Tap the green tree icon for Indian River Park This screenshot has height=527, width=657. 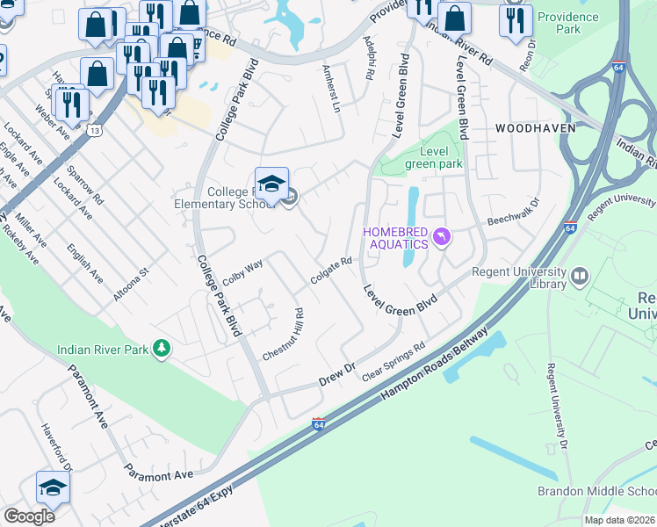click(x=162, y=349)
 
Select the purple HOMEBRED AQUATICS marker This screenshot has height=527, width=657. click(x=443, y=236)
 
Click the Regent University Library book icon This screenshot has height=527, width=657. click(x=580, y=278)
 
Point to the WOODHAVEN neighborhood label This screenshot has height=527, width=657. click(x=535, y=128)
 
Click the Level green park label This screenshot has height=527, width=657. click(x=433, y=157)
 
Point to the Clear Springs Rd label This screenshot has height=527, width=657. click(x=393, y=362)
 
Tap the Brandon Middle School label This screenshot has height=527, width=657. click(x=596, y=491)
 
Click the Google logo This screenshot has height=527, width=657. click(x=29, y=516)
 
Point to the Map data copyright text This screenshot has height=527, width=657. click(x=619, y=520)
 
